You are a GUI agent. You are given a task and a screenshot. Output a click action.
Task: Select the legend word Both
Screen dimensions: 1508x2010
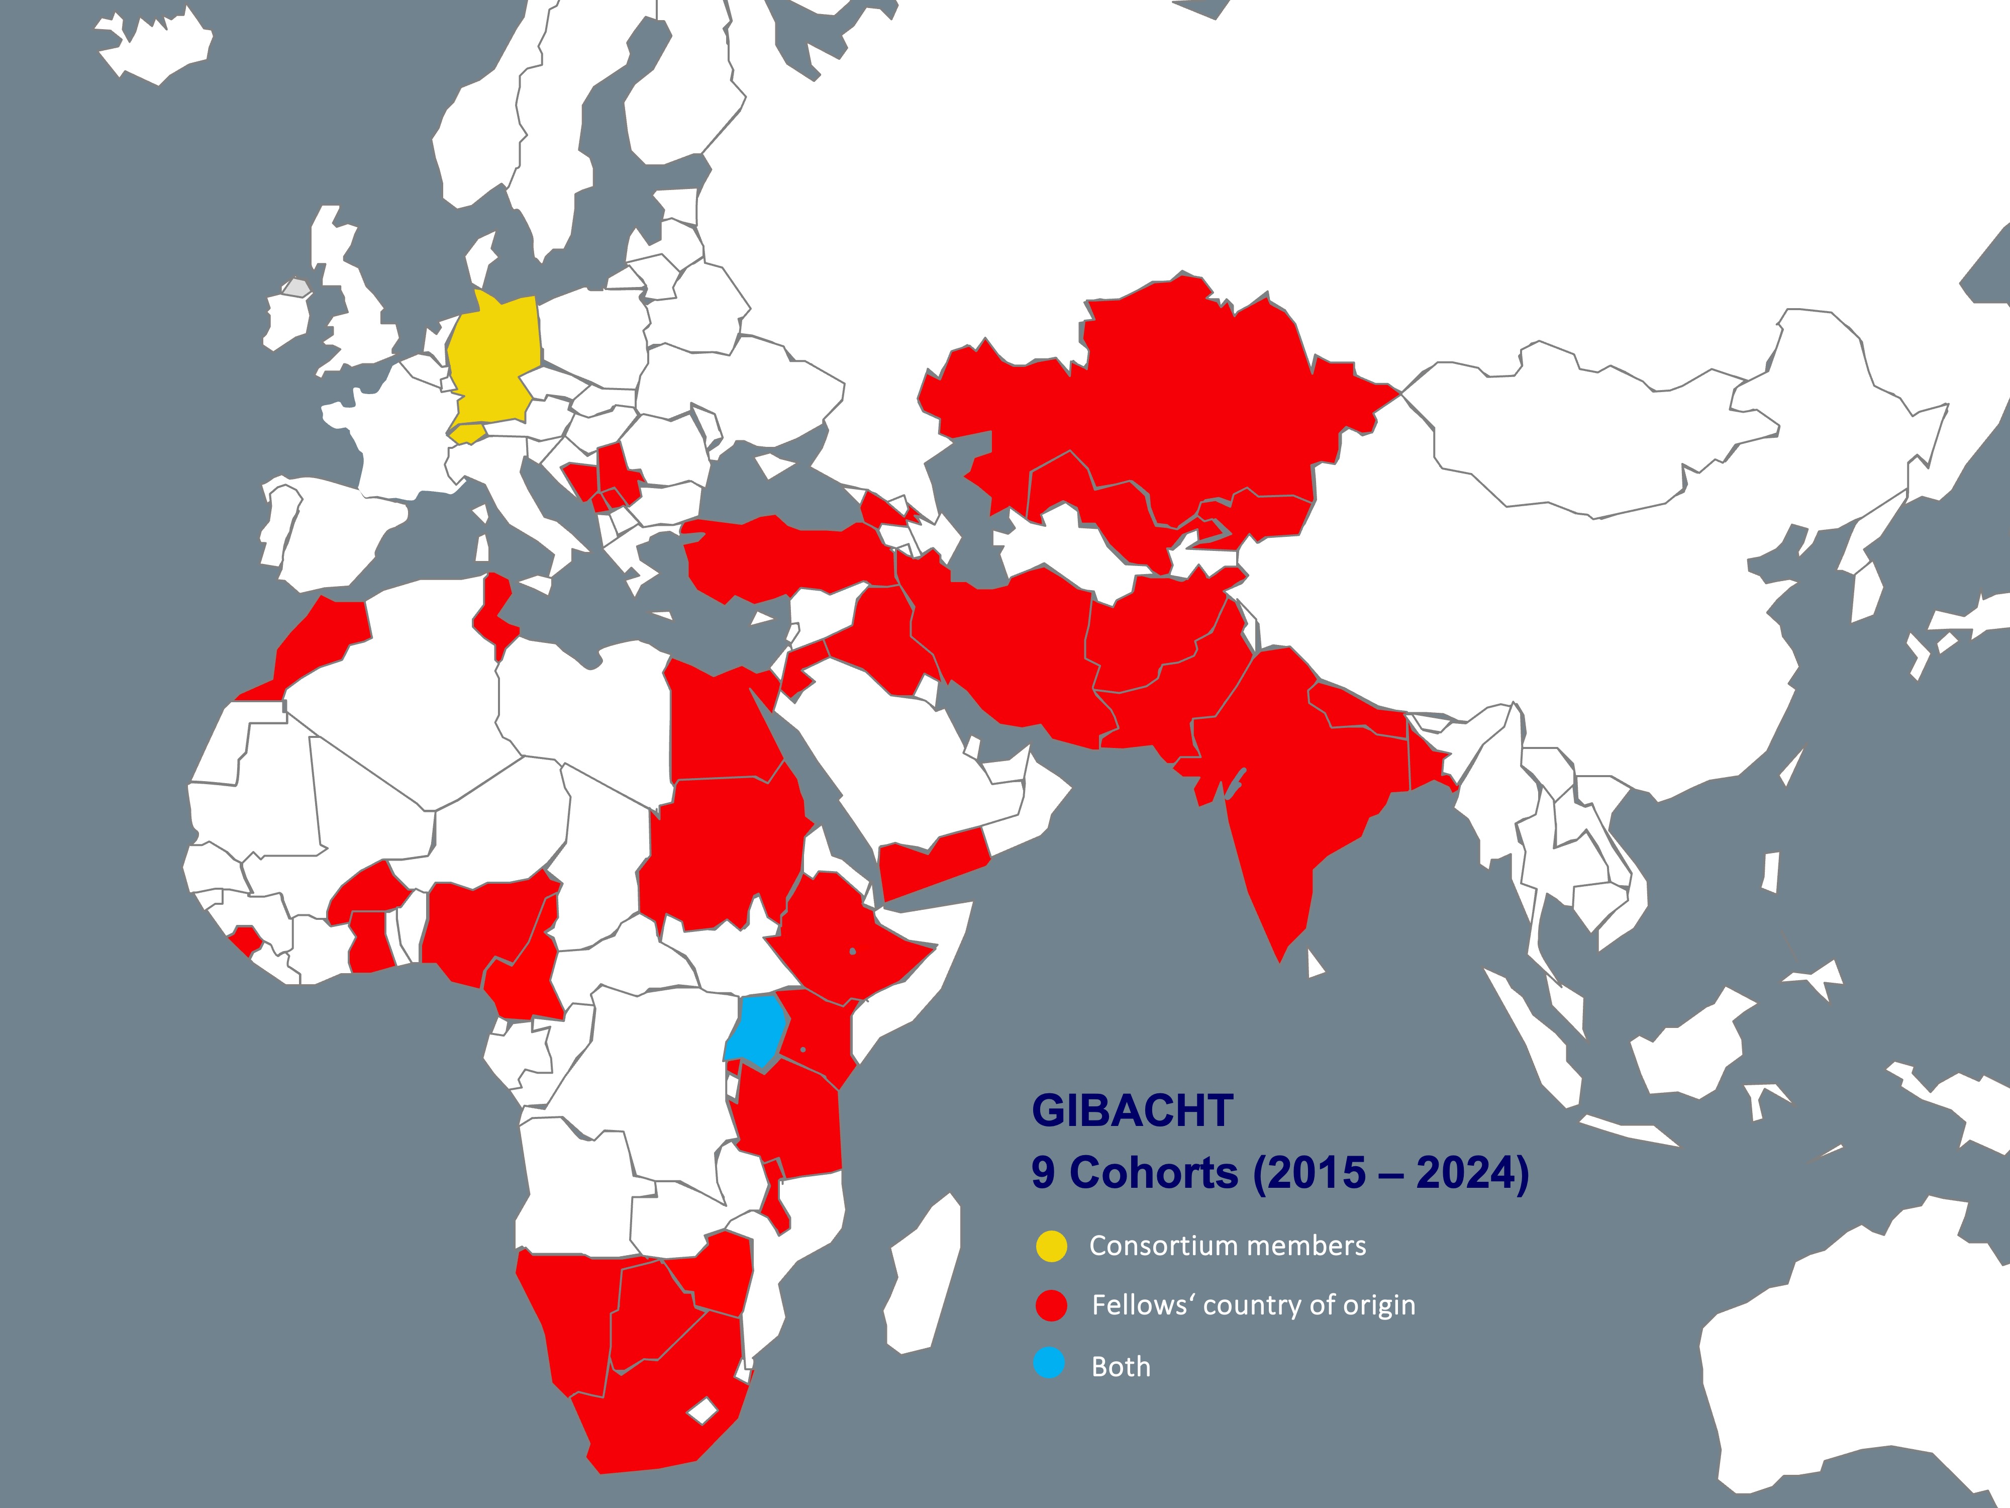[1121, 1367]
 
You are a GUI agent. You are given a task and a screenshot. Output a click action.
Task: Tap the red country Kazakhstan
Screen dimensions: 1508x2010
[1181, 400]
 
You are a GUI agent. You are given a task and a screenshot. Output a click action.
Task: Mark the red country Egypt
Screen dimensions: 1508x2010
[718, 727]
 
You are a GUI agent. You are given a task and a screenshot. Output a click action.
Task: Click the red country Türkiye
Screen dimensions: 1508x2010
[781, 559]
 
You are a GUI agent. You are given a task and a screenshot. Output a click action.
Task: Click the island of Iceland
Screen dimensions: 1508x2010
[154, 50]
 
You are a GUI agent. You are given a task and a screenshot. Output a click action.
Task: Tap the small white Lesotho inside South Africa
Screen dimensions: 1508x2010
[701, 1411]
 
